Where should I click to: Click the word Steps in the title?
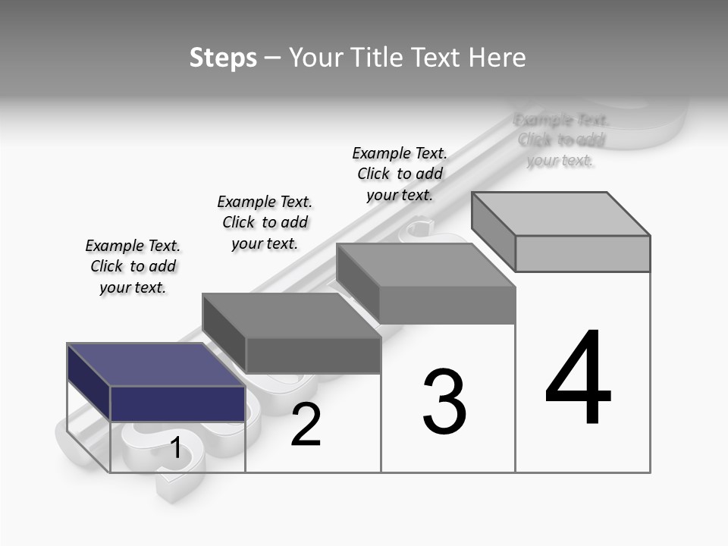point(223,58)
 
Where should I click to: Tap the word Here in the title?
point(497,58)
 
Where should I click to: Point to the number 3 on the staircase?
point(444,402)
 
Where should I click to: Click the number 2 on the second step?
point(306,425)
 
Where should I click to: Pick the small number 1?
point(176,448)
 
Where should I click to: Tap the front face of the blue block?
point(177,403)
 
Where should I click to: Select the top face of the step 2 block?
point(291,315)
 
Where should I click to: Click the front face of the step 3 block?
point(447,306)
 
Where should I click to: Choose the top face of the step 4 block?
point(560,213)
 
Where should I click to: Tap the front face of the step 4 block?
point(582,253)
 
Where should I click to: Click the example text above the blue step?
point(133,266)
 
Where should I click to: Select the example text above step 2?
point(265,222)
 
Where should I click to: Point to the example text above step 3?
point(400,174)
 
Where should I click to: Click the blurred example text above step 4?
point(561,140)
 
